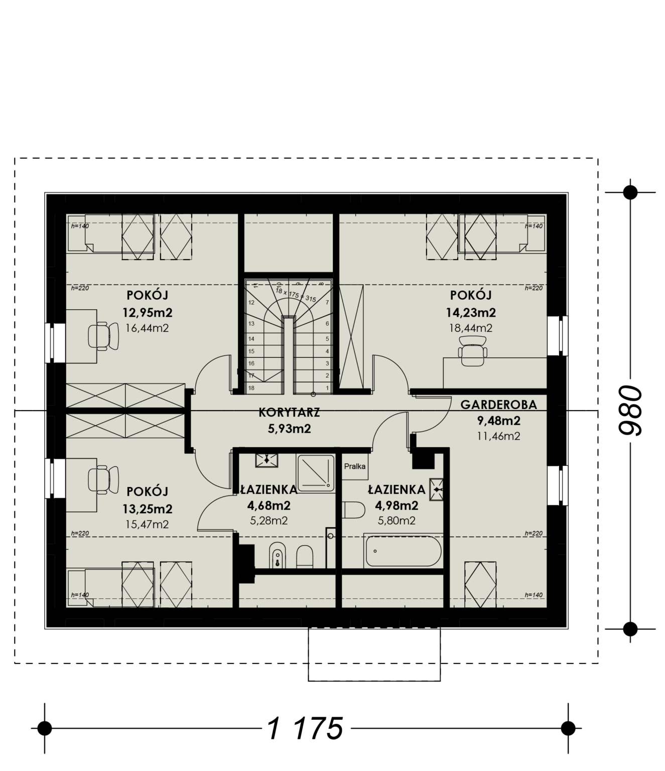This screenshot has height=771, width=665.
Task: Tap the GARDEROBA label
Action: pyautogui.click(x=499, y=405)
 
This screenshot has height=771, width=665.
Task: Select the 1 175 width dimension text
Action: pyautogui.click(x=305, y=728)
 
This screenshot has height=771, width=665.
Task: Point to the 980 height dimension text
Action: pyautogui.click(x=630, y=410)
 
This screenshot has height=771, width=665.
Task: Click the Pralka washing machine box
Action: pyautogui.click(x=355, y=466)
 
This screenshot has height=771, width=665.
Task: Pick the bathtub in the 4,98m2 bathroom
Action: pyautogui.click(x=403, y=551)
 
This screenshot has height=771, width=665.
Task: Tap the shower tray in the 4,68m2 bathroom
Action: pyautogui.click(x=316, y=472)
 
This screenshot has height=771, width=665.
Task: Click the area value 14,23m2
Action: pyautogui.click(x=471, y=312)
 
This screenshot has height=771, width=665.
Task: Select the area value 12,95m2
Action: pyautogui.click(x=148, y=312)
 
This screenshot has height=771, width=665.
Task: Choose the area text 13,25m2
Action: pyautogui.click(x=148, y=508)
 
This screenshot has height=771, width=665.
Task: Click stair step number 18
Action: pyautogui.click(x=251, y=388)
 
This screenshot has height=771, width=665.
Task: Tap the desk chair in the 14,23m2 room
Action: pyautogui.click(x=473, y=351)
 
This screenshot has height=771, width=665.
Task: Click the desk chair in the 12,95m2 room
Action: pyautogui.click(x=103, y=336)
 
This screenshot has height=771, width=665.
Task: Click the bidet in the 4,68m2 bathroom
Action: pyautogui.click(x=277, y=555)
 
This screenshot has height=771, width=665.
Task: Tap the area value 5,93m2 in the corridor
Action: pyautogui.click(x=290, y=429)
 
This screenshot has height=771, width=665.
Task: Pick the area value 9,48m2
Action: pyautogui.click(x=499, y=421)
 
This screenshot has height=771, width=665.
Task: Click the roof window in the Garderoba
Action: pyautogui.click(x=480, y=584)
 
